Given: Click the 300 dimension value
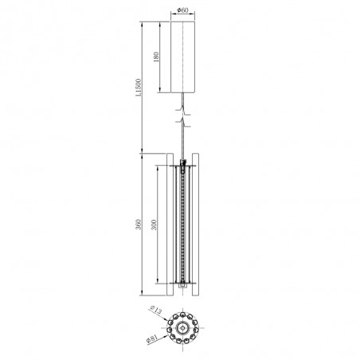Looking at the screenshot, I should pyautogui.click(x=155, y=225).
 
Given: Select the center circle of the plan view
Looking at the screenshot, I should pyautogui.click(x=184, y=327).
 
